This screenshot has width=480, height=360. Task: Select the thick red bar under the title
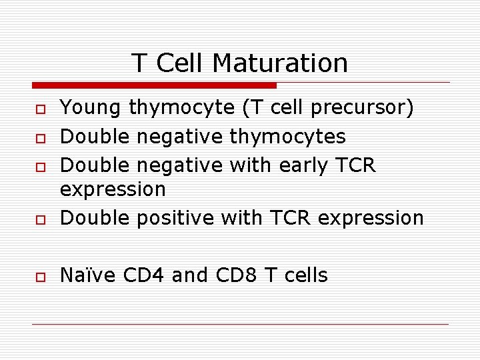(154, 85)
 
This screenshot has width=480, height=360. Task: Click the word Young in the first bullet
(91, 108)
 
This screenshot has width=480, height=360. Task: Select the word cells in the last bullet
(303, 275)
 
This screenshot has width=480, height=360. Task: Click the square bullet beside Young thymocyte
(41, 109)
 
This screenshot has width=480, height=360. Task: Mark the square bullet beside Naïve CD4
(41, 276)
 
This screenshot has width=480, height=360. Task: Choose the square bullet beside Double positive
(41, 219)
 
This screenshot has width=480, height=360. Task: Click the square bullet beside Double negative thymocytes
(41, 137)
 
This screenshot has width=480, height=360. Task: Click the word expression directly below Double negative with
(113, 190)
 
